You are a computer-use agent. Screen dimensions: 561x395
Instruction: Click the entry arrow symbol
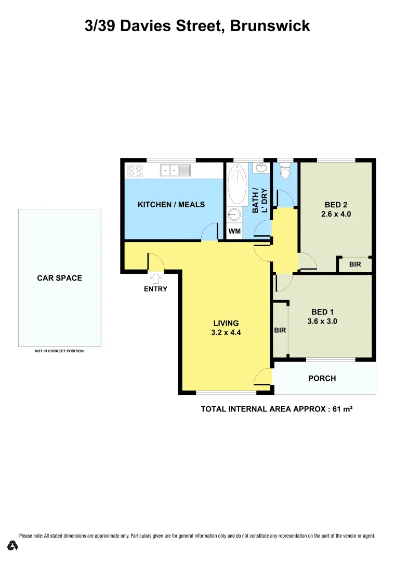click(x=155, y=278)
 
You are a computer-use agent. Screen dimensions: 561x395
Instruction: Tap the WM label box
click(x=234, y=231)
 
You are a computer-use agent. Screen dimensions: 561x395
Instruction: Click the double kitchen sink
click(x=176, y=170)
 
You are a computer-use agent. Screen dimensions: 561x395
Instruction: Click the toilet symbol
click(x=285, y=171)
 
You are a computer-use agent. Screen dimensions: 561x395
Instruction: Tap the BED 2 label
click(x=336, y=204)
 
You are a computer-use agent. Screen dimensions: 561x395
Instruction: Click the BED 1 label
click(x=322, y=312)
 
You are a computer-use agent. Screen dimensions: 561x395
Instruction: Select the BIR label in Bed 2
click(x=355, y=264)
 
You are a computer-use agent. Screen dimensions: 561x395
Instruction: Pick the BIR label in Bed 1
click(x=280, y=330)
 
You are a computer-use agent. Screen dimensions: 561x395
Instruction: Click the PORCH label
click(x=322, y=378)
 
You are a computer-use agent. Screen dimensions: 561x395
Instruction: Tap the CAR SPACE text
click(x=59, y=278)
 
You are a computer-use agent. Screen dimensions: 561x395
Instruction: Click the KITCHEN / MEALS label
click(x=171, y=204)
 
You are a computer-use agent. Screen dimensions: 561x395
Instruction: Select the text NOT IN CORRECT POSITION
click(x=59, y=351)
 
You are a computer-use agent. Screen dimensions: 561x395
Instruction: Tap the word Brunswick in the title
click(x=270, y=25)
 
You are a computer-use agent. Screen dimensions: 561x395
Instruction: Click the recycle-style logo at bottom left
click(x=12, y=545)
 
